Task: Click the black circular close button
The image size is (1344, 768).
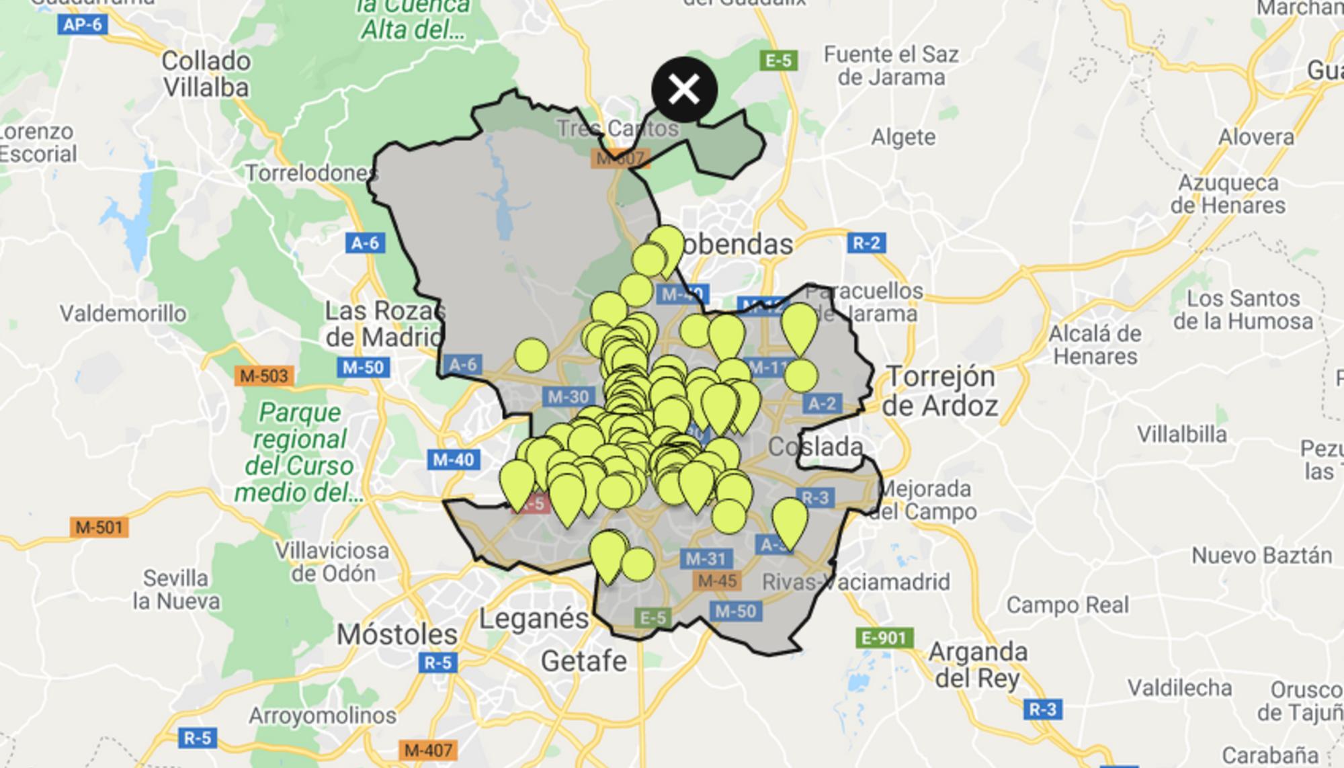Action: point(684,89)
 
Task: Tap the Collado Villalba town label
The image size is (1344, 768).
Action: point(206,74)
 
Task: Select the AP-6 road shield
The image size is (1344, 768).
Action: point(83,25)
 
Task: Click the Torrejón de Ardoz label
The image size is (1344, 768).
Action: point(940,391)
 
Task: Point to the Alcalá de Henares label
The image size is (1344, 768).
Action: point(1095,345)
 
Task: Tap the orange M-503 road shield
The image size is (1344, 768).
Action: point(264,376)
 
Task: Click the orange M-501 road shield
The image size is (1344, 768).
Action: point(99,527)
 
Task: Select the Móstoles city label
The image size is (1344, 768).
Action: point(397,634)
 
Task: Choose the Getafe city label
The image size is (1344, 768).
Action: point(583,661)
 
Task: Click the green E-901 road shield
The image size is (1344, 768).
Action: point(884,637)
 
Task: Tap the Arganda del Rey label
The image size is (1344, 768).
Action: point(978,665)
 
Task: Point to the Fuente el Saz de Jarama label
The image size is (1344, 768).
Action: point(891,65)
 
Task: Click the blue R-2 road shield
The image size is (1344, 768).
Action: point(866,243)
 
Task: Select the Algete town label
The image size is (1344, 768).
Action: point(903,138)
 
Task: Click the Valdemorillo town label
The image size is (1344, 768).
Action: point(123,313)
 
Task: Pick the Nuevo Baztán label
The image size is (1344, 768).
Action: point(1261,556)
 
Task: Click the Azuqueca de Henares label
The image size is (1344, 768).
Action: point(1228,194)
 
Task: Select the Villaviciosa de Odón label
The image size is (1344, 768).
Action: point(333,562)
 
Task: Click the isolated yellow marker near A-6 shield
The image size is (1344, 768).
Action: point(532,355)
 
